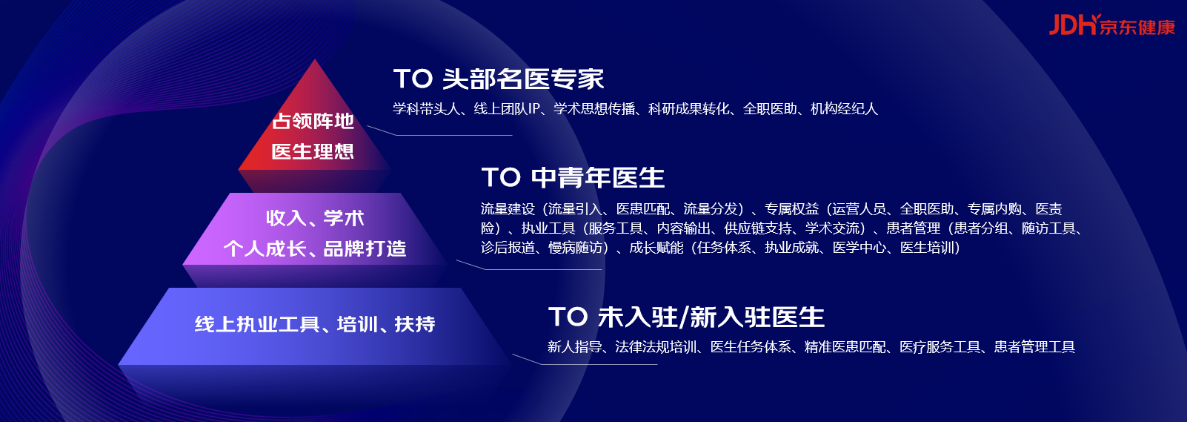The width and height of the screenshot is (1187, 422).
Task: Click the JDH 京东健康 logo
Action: point(1111,25)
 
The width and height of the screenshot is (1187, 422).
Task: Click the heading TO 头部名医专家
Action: point(499,79)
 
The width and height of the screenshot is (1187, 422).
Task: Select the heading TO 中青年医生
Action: point(573,177)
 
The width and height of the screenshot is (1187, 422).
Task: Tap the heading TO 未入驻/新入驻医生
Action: point(686,317)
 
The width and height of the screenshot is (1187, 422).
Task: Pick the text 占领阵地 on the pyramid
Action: point(313,122)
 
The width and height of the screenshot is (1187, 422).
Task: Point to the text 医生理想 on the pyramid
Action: point(313,151)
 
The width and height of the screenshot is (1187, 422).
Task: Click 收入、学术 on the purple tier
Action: point(315,218)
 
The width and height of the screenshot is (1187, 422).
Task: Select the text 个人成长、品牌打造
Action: point(315,248)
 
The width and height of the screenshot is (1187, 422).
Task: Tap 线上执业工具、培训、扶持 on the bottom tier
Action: point(315,324)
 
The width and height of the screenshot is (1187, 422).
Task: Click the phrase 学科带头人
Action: point(426,109)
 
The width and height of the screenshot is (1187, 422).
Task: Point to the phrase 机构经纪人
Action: point(844,109)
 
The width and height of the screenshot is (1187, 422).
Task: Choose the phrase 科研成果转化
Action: point(689,109)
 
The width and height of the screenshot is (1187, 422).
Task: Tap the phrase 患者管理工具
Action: point(1034,346)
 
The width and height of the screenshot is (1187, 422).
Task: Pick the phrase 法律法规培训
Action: point(656,346)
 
